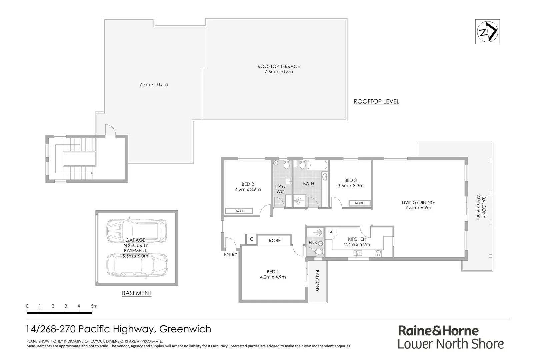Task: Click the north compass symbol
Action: tap(487, 32)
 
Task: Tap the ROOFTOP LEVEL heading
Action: tap(376, 101)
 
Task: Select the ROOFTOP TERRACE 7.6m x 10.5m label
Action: tap(279, 69)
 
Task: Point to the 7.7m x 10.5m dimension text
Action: tap(153, 85)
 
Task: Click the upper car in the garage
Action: tap(136, 229)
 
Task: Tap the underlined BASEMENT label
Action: tap(137, 293)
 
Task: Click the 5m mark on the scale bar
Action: tap(92, 306)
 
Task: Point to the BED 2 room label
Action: tap(248, 187)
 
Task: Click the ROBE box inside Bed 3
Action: tap(359, 203)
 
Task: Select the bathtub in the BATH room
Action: tap(318, 165)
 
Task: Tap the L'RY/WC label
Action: tap(280, 189)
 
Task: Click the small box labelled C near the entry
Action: tap(252, 239)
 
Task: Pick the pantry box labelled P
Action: tap(331, 232)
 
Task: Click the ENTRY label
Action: tap(230, 254)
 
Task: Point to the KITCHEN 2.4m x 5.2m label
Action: tap(357, 242)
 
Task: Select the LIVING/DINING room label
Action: tap(418, 205)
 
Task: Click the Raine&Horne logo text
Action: tap(438, 331)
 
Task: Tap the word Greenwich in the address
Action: tap(185, 329)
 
